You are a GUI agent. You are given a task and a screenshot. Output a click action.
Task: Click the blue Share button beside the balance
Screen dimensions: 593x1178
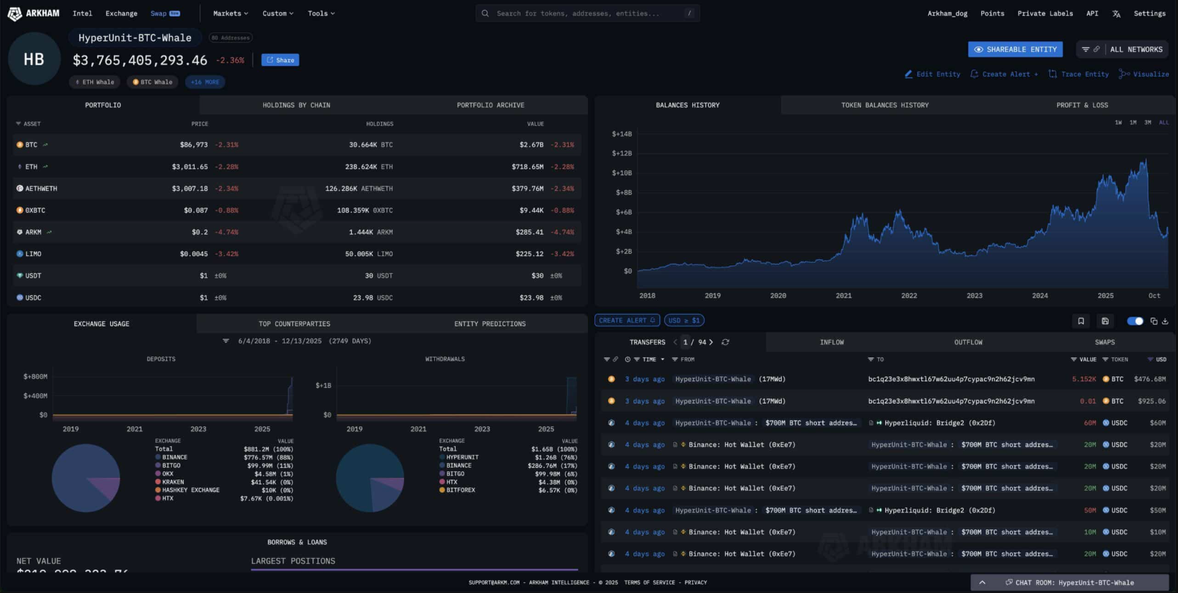pos(280,60)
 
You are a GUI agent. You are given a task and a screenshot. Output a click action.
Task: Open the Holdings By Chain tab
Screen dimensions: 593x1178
pos(296,105)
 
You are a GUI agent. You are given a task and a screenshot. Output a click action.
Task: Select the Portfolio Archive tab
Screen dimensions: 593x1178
pos(491,105)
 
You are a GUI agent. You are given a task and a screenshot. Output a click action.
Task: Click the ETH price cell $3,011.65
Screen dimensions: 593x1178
pos(190,167)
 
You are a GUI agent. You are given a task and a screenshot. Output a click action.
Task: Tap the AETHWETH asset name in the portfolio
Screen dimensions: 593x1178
pos(41,189)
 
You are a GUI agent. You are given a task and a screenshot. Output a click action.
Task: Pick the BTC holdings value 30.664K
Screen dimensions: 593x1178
pos(363,145)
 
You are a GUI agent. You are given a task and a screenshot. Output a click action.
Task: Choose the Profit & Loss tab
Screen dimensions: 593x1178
pos(1082,105)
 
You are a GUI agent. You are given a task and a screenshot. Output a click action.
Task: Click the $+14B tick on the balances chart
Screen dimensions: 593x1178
pos(622,134)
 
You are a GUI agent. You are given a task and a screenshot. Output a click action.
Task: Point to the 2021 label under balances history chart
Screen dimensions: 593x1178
pos(844,295)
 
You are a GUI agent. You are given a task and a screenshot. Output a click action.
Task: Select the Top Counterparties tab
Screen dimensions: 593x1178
pos(294,324)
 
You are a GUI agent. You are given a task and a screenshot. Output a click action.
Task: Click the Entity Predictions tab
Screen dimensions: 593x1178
pos(490,324)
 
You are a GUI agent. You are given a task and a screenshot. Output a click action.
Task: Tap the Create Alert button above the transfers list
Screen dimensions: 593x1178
pos(627,320)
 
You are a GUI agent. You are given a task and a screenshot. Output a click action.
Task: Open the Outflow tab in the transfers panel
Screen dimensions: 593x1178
pos(968,343)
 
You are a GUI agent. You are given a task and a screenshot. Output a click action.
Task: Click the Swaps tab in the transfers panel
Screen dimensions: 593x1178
pos(1104,343)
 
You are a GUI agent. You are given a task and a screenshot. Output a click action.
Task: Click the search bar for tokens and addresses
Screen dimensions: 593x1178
pos(586,14)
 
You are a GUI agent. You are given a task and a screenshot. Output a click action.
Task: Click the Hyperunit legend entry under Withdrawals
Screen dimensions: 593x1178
pos(462,457)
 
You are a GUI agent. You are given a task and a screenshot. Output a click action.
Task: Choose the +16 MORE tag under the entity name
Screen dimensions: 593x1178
pos(205,82)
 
